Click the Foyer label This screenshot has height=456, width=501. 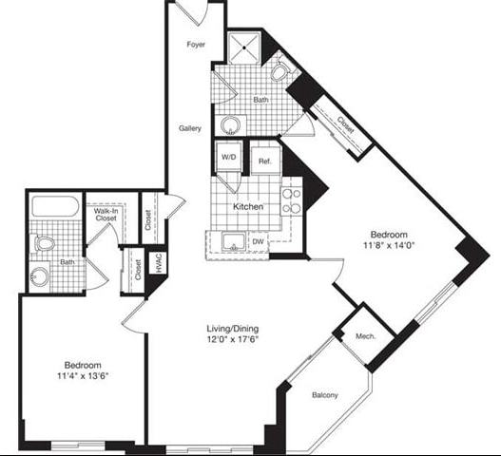pyautogui.click(x=196, y=44)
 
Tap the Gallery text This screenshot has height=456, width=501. pyautogui.click(x=190, y=127)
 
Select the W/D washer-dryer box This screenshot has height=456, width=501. pyautogui.click(x=228, y=157)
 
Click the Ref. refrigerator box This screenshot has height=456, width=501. pyautogui.click(x=265, y=161)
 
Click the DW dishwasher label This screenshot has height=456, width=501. pyautogui.click(x=259, y=242)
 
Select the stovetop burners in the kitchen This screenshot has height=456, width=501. pyautogui.click(x=291, y=201)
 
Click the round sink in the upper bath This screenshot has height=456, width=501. pyautogui.click(x=230, y=123)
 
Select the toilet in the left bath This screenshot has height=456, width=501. pyautogui.click(x=44, y=244)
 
